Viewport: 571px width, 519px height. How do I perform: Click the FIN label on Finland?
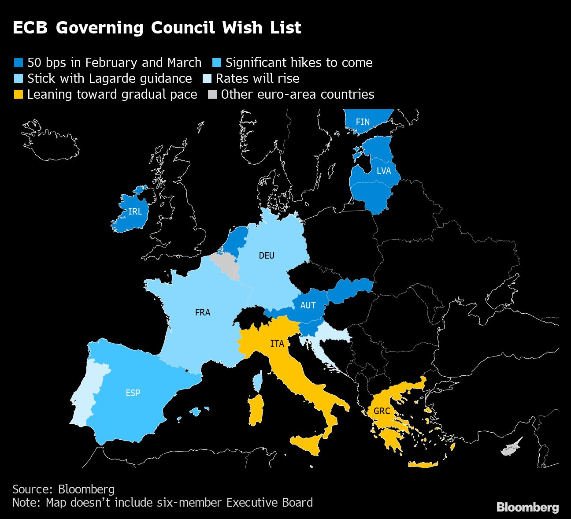363,122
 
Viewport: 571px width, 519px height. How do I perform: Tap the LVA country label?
384,171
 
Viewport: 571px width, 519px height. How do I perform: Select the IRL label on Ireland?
135,211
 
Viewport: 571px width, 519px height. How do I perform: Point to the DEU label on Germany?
267,256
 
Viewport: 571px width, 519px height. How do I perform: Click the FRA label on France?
203,312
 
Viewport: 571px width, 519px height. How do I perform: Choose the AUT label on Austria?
308,305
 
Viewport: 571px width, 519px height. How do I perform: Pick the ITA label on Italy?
277,344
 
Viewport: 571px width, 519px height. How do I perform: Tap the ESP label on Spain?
133,393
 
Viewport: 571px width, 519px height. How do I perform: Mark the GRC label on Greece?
382,411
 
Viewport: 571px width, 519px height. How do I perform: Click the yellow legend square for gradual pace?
18,94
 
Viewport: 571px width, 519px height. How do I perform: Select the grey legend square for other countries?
212,94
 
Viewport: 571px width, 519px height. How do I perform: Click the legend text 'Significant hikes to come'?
299,63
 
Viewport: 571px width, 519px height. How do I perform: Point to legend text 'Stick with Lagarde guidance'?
109,78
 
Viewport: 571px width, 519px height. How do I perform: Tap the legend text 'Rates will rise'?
257,78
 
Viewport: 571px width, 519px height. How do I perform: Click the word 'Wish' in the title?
242,28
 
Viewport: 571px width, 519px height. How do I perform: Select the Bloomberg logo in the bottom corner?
527,507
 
